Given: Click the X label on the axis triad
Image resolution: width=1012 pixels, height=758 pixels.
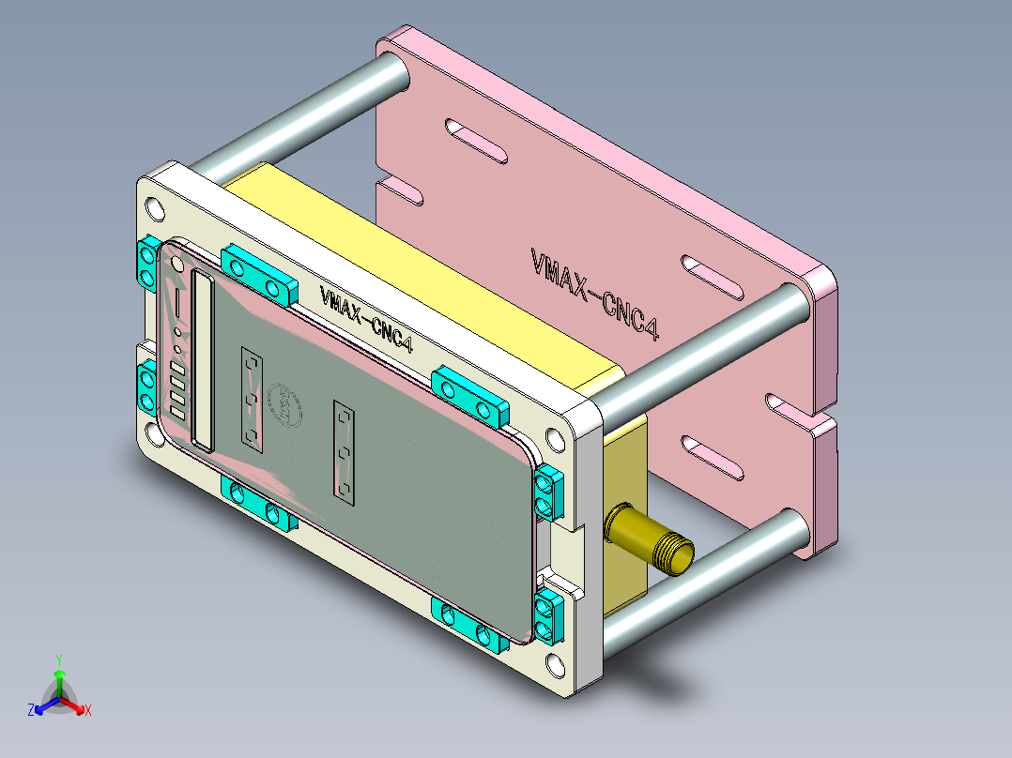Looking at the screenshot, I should pyautogui.click(x=88, y=711).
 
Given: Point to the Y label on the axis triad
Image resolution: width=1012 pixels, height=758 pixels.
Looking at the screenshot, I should pyautogui.click(x=58, y=659).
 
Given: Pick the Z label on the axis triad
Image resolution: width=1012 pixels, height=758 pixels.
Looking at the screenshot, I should pyautogui.click(x=31, y=711).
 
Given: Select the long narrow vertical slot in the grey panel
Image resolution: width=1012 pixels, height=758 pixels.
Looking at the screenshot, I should pyautogui.click(x=201, y=358).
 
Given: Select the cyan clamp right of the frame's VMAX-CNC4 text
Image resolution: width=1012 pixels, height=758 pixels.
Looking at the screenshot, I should pyautogui.click(x=469, y=395).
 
